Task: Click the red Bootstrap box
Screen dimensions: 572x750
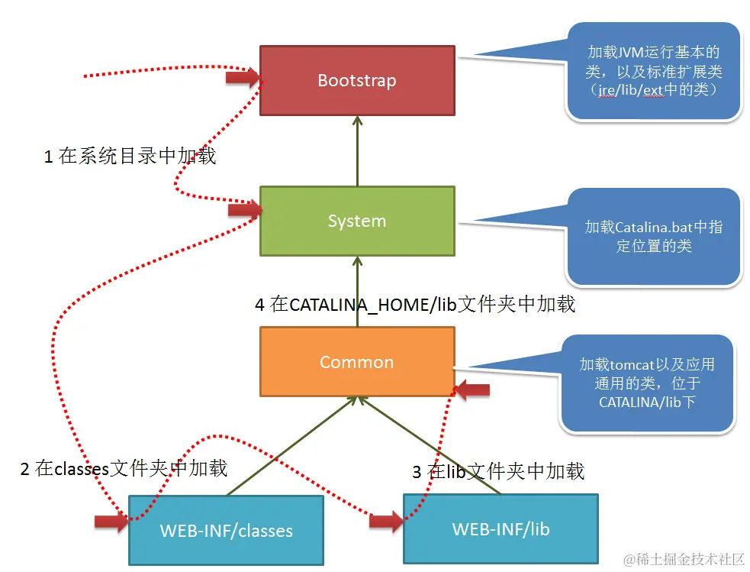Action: point(356,80)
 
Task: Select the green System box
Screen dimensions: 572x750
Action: point(356,221)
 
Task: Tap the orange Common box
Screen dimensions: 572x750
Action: point(356,362)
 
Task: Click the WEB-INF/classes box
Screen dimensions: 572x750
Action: point(226,530)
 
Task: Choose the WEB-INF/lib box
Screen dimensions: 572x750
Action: point(501,528)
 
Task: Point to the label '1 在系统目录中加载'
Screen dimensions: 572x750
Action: point(130,157)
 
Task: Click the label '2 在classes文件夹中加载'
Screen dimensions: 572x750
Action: point(124,468)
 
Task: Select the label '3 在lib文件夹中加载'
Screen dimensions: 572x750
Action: point(498,471)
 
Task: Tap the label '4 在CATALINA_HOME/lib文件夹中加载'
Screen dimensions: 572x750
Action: point(414,304)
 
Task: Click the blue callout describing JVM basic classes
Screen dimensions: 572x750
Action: point(653,71)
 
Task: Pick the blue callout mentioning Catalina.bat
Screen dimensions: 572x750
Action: point(653,237)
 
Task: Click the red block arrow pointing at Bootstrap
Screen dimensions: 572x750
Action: point(243,76)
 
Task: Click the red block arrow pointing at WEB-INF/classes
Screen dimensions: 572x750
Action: point(111,522)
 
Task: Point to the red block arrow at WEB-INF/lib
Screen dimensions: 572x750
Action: point(386,522)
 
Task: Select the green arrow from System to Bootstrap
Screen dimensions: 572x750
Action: point(356,151)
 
